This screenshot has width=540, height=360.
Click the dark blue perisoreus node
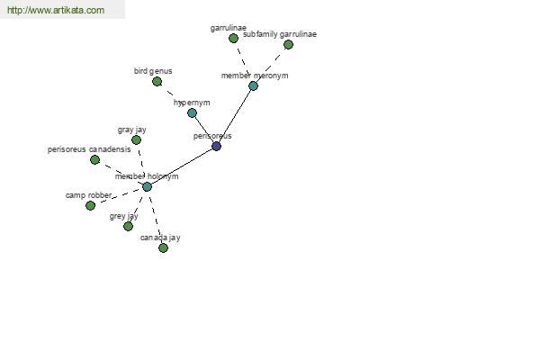coord(216,146)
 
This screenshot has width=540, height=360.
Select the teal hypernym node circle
coord(193,112)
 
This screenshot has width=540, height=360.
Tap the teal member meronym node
coord(253,85)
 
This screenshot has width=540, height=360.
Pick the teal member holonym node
coord(147,186)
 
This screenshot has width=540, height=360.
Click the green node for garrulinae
coord(233,38)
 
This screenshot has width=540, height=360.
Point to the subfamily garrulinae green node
coord(288,44)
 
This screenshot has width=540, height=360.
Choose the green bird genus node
coord(157,82)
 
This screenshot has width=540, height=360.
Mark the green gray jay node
coord(137,139)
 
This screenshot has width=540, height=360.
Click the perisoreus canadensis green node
coord(94,159)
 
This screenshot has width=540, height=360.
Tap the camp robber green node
coord(90,206)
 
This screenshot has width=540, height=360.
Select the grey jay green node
coord(128,226)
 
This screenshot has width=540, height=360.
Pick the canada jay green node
coord(163,248)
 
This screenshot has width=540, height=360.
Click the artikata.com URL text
coord(56,10)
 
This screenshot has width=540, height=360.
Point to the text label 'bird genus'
coord(153,71)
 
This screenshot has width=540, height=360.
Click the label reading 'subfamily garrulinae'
coord(280,34)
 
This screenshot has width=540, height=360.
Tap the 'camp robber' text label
coord(88,195)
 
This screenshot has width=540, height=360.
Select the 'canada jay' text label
coord(160,238)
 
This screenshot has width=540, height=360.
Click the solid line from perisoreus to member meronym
coord(235,116)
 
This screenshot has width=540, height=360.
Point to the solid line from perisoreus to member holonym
coord(182,166)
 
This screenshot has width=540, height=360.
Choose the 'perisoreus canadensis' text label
coord(89,149)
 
